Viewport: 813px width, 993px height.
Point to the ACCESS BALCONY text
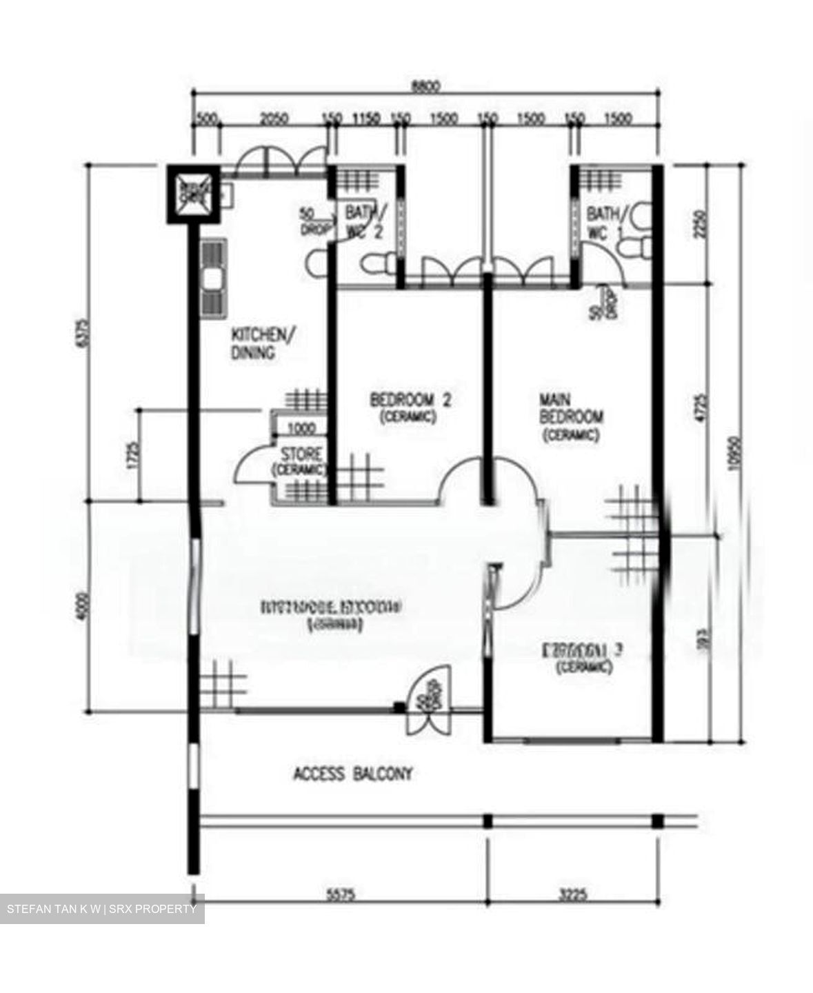[353, 774]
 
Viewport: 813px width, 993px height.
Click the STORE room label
[300, 461]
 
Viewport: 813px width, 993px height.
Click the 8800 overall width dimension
[425, 86]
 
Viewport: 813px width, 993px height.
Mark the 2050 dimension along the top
[273, 119]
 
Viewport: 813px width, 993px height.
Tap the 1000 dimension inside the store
[301, 429]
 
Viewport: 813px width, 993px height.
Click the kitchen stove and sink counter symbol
[213, 278]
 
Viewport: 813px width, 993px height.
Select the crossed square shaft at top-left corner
[192, 193]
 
